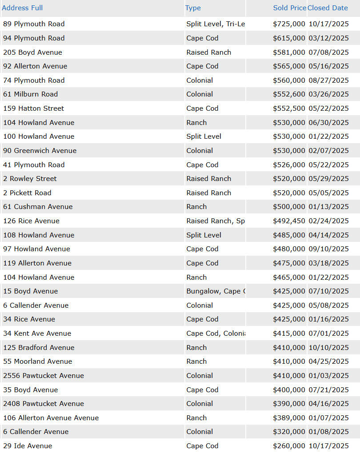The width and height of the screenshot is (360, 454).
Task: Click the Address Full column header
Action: tap(22, 8)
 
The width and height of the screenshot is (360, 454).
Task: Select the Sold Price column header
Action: tap(289, 8)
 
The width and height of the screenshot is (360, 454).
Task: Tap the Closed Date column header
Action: tap(328, 8)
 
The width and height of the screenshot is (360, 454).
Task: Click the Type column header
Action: tap(193, 8)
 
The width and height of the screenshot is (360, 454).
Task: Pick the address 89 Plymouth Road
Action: tap(34, 24)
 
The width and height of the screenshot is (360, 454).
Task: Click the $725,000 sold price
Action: tap(289, 24)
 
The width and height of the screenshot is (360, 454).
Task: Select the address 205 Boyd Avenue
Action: tap(32, 52)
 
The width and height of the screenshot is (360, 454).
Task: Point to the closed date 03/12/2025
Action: tap(328, 38)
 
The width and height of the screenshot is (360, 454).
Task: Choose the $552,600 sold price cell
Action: tap(289, 94)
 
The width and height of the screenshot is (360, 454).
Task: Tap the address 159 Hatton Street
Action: tap(33, 108)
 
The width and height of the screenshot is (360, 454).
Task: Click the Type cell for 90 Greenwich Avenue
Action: tap(200, 151)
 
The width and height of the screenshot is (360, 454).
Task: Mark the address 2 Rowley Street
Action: tap(30, 179)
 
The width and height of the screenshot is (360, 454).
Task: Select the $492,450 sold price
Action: tap(289, 221)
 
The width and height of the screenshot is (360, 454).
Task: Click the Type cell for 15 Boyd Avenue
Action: tap(216, 291)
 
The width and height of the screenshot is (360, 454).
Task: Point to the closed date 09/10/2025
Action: tap(328, 249)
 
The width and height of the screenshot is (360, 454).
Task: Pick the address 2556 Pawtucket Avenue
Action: tap(43, 376)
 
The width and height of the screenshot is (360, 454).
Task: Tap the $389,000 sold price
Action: tap(289, 418)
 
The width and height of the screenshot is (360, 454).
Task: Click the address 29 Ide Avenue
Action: tap(28, 446)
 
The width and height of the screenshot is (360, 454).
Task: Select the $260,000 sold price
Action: tap(289, 446)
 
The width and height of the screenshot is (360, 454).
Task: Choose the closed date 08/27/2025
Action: tap(328, 80)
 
